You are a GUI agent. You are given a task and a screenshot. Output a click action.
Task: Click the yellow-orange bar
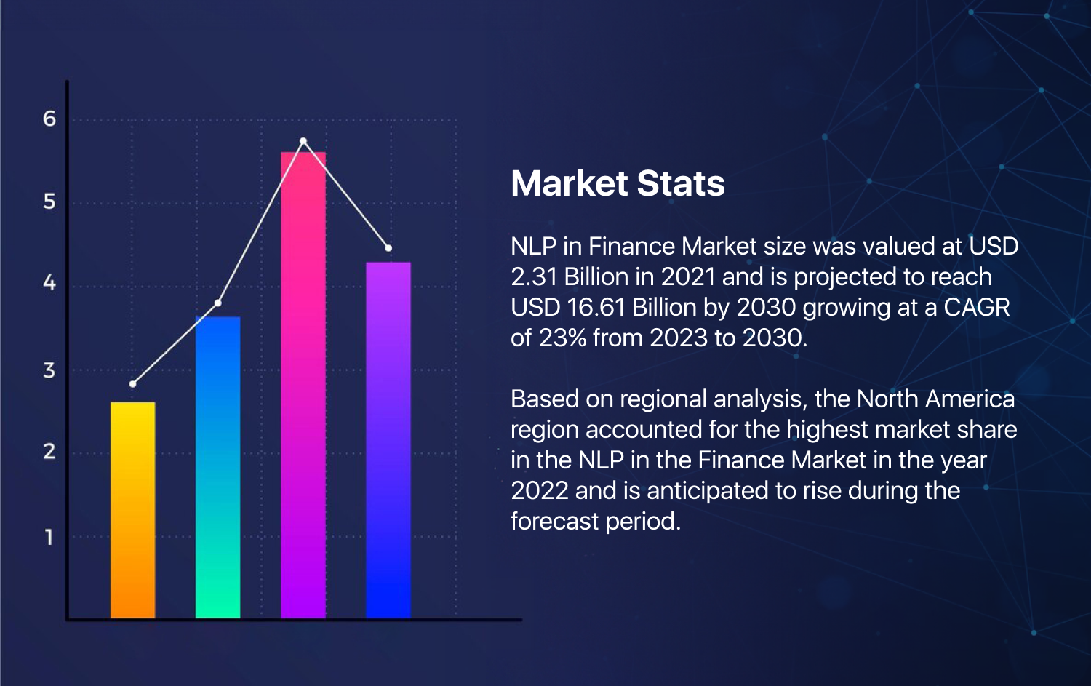[x=132, y=509]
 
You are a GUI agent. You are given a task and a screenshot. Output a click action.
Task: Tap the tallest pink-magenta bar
[x=303, y=385]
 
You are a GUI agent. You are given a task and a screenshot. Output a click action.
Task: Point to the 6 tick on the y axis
[x=49, y=119]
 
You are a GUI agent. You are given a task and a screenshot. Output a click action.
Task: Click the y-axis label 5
[x=49, y=202]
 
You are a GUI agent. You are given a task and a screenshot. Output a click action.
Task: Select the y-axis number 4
[x=49, y=283]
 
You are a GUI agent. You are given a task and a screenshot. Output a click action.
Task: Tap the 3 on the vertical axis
[x=49, y=371]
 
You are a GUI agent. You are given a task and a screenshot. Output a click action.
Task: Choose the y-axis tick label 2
[x=49, y=452]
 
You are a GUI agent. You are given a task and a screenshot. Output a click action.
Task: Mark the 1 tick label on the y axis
[x=49, y=538]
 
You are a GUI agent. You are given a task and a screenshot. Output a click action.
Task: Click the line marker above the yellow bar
[x=132, y=383]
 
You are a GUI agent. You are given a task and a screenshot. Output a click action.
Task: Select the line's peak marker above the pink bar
[x=303, y=140]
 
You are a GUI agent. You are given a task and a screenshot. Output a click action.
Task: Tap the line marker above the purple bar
[x=388, y=248]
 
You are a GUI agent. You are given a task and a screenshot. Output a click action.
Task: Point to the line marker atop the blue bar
[x=217, y=303]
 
